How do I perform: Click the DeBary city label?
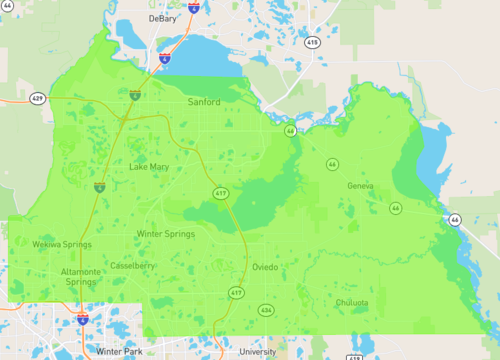pos(161,18)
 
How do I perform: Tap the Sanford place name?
pos(203,102)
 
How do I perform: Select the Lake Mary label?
pos(149,166)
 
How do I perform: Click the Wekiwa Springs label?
pos(62,244)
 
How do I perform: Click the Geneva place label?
pos(360,187)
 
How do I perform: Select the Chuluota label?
pos(352,302)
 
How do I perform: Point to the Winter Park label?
pos(122,352)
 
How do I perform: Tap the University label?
pos(257,352)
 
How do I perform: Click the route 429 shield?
pos(37,99)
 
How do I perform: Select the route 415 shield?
pos(313,43)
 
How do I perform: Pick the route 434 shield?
pos(265,310)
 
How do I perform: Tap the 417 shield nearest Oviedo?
pos(236,293)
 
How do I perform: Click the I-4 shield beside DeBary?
pos(192,6)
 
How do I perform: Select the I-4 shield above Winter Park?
pos(82,319)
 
